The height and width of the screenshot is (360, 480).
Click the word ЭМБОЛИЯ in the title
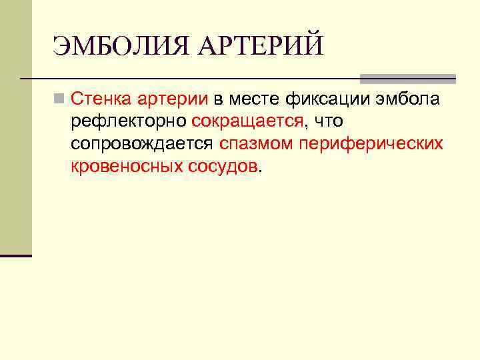point(120,46)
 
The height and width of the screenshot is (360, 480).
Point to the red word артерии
point(173,101)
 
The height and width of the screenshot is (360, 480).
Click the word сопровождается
point(142,143)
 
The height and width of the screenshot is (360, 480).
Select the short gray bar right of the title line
point(407,79)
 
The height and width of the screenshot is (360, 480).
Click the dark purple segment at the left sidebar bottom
point(15,255)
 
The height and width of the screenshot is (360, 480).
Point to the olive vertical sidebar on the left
point(15,127)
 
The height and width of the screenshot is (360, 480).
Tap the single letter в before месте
point(217,101)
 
